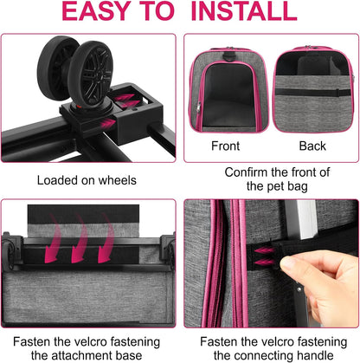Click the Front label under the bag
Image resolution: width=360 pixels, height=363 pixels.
click(x=226, y=146)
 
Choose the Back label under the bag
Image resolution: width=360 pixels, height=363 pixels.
click(x=312, y=146)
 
